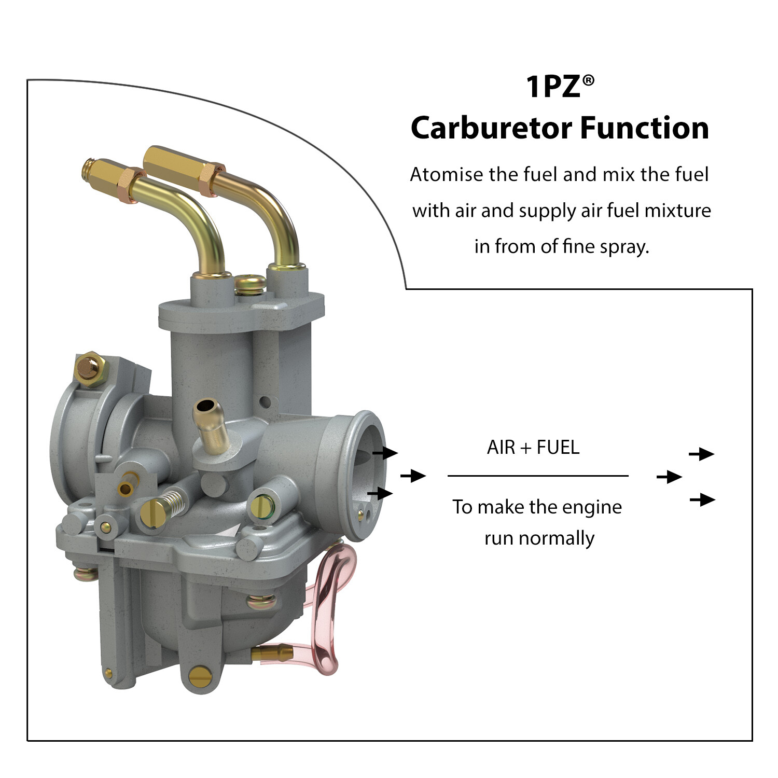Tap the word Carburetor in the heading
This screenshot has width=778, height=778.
pos(492,128)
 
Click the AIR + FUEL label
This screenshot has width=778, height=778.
pos(533,447)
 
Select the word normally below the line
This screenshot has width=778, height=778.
pos(557,538)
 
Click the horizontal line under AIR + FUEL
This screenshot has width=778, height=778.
pos(538,475)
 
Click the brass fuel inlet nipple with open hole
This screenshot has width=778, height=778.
pos(211,424)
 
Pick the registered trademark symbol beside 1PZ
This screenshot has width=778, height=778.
pos(588,80)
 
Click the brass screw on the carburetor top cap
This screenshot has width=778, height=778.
pos(251,284)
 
